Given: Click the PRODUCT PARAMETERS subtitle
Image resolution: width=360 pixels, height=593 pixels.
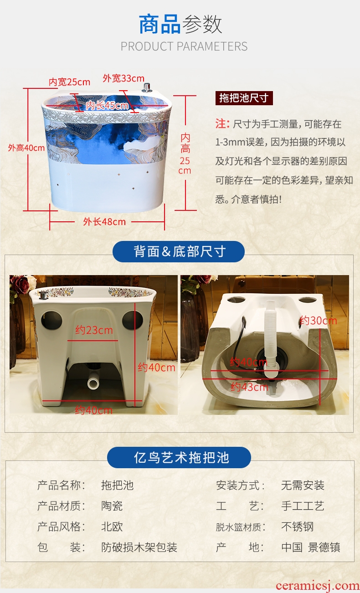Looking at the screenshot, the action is coord(184,46).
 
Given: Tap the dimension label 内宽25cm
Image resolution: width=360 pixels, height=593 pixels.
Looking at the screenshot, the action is coord(69,82).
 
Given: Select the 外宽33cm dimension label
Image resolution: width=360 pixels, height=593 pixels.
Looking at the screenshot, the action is coord(123,78).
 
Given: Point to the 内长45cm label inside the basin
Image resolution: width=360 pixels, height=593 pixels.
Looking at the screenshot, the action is coord(107,106).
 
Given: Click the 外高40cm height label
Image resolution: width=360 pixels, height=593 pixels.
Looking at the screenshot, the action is coord(26,148).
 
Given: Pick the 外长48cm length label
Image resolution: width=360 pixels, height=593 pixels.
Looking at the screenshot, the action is coord(104,222).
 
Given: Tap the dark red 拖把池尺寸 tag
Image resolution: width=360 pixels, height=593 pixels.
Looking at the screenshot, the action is coord(244,98).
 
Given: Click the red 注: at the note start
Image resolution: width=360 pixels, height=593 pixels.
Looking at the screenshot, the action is coord(222,123).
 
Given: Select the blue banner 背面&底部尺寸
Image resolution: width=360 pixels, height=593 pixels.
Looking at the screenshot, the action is coord(179,251).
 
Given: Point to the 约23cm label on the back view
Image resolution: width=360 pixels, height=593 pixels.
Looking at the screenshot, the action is coord(94,330).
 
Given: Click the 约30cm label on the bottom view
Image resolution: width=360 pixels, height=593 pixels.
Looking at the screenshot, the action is coord(318,321).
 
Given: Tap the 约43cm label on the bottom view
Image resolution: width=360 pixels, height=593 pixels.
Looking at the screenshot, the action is coord(250,387).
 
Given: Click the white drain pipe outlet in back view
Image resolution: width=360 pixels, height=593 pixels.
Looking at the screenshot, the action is coord(93,383).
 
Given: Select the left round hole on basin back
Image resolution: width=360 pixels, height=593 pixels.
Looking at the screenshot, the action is coord(51,320).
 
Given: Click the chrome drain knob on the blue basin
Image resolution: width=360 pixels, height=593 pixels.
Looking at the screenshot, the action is coord(146,87).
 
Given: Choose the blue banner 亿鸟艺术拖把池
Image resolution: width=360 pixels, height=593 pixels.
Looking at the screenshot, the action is coord(179,457).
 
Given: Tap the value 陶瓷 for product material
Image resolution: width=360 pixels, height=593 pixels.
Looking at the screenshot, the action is coord(112,506).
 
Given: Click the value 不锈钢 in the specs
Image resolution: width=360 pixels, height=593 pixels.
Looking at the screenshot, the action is coord(297,527).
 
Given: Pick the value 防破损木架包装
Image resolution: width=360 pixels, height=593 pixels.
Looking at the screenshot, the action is coord(139,547).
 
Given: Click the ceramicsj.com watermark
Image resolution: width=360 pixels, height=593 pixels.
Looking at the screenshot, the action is coord(318,586).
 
